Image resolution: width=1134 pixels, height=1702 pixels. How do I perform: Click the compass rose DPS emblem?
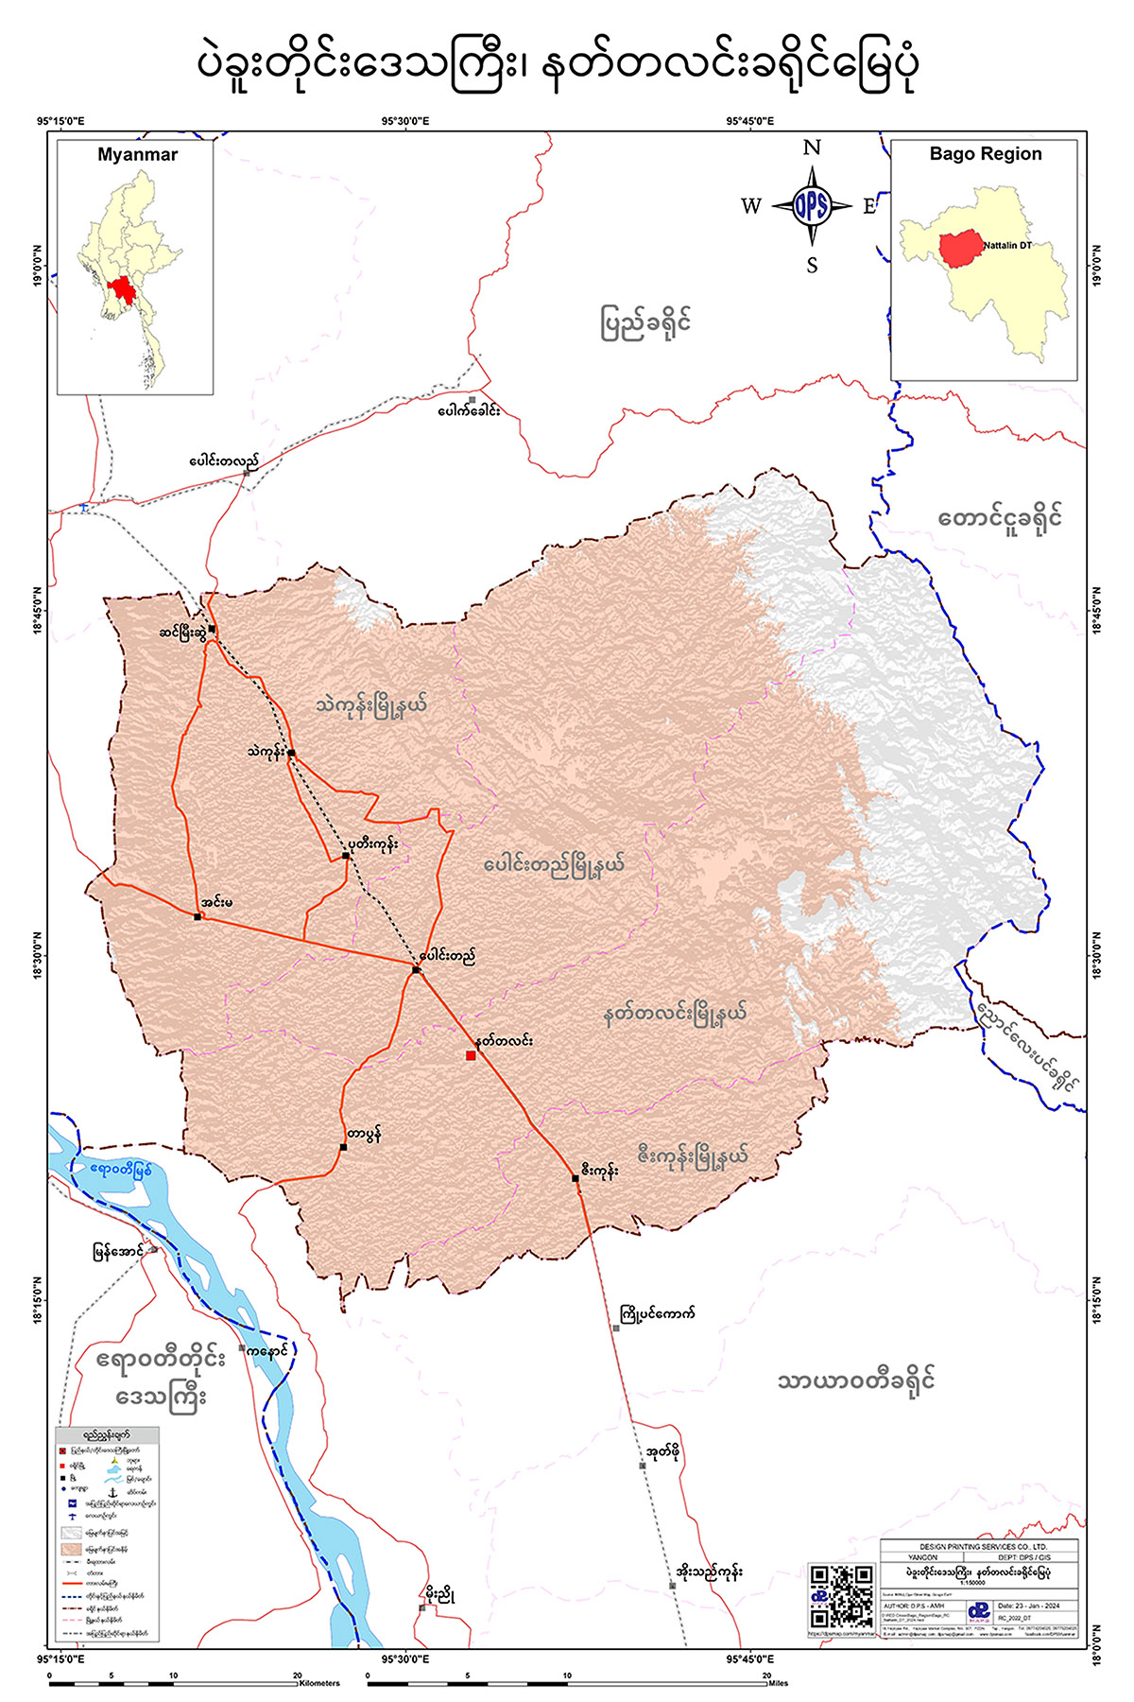point(811,205)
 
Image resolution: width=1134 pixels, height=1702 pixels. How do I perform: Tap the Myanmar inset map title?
point(137,155)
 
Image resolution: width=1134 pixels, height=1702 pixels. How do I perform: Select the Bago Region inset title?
point(985,154)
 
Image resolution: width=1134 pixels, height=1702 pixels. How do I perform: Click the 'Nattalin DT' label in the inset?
point(1007,246)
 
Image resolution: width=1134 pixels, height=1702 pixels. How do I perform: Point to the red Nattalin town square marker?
point(471,1055)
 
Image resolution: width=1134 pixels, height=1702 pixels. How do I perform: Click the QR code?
point(841,1597)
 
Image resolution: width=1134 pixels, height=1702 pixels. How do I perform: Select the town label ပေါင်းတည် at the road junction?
point(448,956)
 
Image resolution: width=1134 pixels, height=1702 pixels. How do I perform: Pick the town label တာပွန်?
point(364,1135)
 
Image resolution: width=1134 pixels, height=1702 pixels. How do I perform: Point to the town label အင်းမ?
point(216,902)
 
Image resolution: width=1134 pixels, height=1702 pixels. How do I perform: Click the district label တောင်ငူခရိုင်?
point(1000,518)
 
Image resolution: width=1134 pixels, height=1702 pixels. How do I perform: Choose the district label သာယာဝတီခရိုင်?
point(856,1381)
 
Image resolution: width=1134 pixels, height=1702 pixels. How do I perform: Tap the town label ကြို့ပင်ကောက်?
point(658,1313)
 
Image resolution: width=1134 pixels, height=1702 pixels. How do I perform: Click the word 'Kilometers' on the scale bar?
point(319,1683)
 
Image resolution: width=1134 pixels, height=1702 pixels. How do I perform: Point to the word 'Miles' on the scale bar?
point(778,1683)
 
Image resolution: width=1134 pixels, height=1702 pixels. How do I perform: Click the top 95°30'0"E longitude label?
point(405,121)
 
